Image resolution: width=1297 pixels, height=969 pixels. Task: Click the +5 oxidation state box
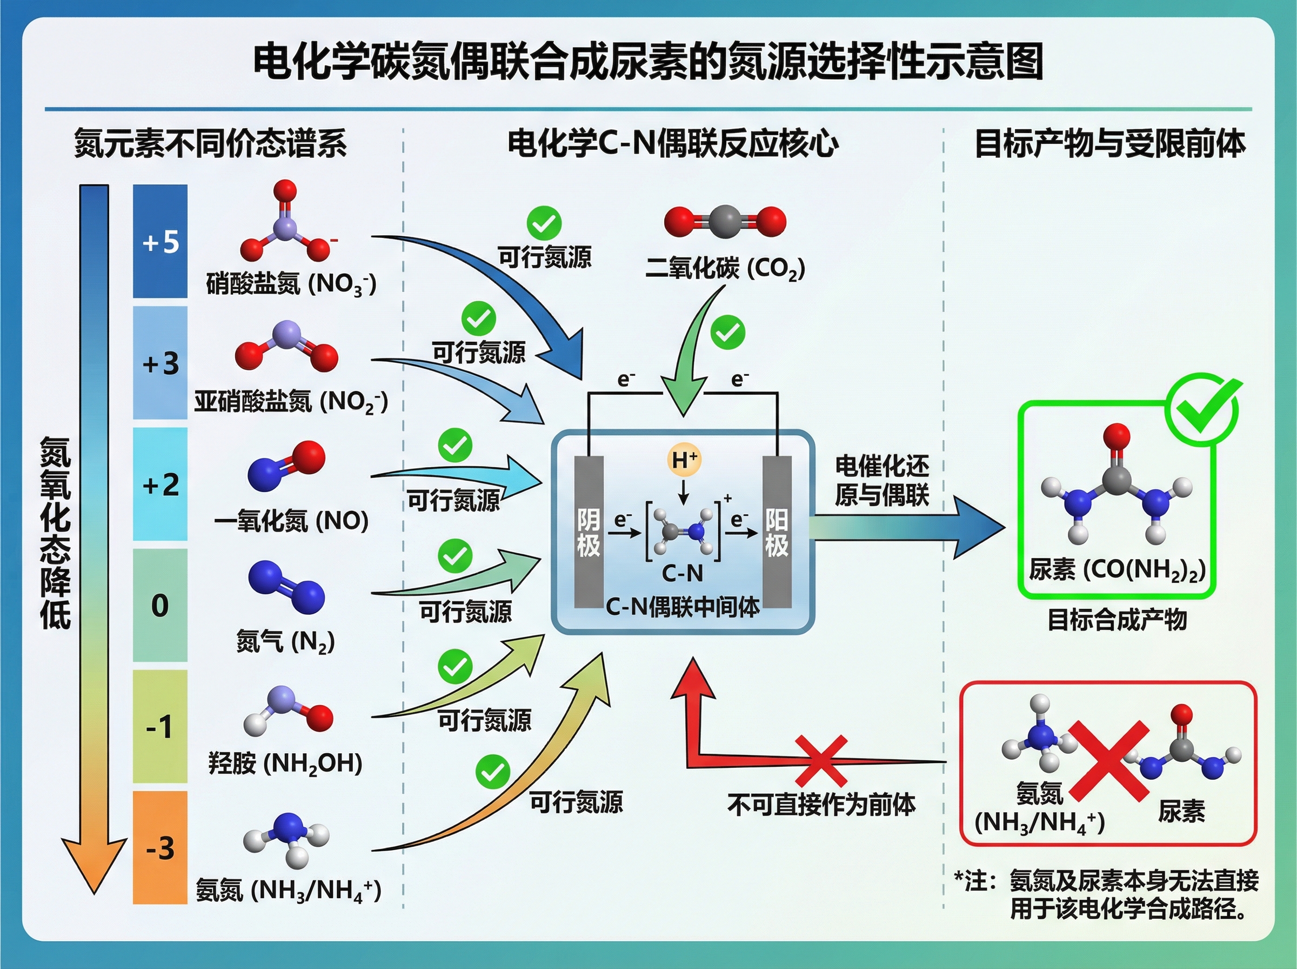(160, 241)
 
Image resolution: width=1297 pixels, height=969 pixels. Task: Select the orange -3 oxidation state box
(160, 847)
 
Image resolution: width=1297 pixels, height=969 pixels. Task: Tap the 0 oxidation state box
(160, 605)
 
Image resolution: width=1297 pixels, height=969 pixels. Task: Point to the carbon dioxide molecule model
(725, 222)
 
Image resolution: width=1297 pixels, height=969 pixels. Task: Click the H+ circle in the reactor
(684, 459)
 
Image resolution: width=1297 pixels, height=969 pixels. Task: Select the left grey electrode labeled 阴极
(589, 532)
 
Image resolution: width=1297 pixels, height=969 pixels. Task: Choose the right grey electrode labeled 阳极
(777, 532)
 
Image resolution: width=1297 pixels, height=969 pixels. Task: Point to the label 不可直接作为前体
(821, 804)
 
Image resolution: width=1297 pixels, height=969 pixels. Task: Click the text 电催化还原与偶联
(881, 480)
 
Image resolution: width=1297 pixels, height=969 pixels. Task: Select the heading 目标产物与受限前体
(1109, 144)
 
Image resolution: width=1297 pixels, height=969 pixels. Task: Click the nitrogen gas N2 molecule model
(286, 587)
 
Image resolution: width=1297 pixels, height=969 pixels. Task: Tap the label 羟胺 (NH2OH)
(285, 763)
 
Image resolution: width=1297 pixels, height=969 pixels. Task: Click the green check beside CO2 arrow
(727, 332)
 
